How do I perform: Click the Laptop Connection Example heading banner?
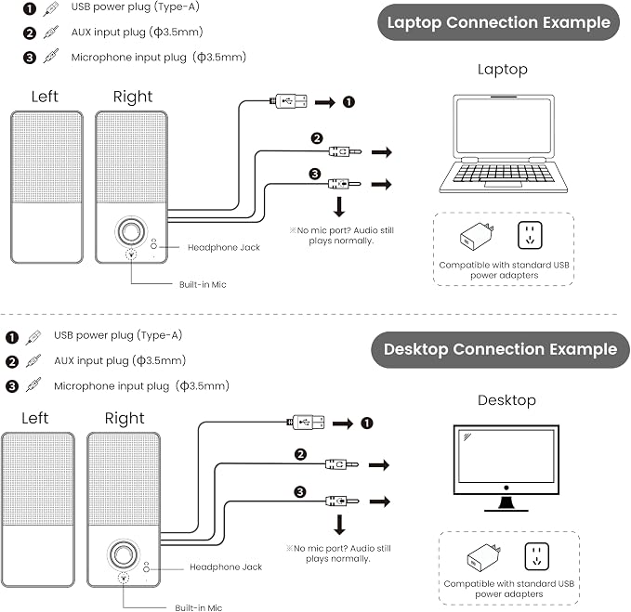498,22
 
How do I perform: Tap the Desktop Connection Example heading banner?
500,349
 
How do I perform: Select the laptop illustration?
503,144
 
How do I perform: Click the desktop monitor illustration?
506,468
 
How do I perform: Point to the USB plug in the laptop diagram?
288,100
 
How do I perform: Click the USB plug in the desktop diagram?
307,423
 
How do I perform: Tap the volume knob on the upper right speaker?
130,231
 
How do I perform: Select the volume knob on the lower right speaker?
123,555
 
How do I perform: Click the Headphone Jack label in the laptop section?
224,247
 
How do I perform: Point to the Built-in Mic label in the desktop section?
198,607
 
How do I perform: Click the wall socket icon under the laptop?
530,235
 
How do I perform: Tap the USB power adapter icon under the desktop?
484,558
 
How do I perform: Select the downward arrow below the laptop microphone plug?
339,207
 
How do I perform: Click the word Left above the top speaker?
45,97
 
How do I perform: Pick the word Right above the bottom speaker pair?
125,419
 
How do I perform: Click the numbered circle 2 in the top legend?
30,33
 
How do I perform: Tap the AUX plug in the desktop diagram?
342,465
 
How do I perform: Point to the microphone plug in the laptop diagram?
345,184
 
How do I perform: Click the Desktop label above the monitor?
506,400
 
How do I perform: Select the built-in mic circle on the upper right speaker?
131,254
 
